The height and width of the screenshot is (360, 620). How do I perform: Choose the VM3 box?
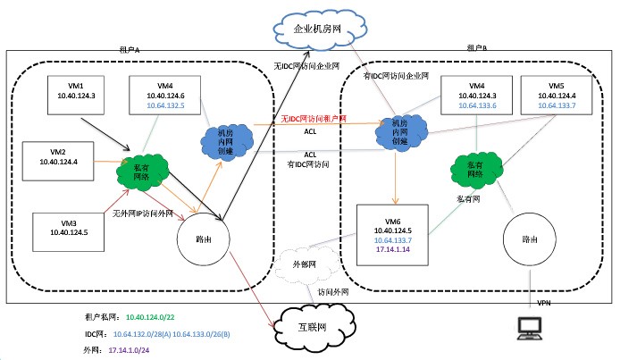67,230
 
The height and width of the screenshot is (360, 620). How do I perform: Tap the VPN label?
543,304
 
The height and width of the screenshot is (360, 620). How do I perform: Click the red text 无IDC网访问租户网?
310,119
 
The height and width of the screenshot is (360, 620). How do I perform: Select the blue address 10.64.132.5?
163,105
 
